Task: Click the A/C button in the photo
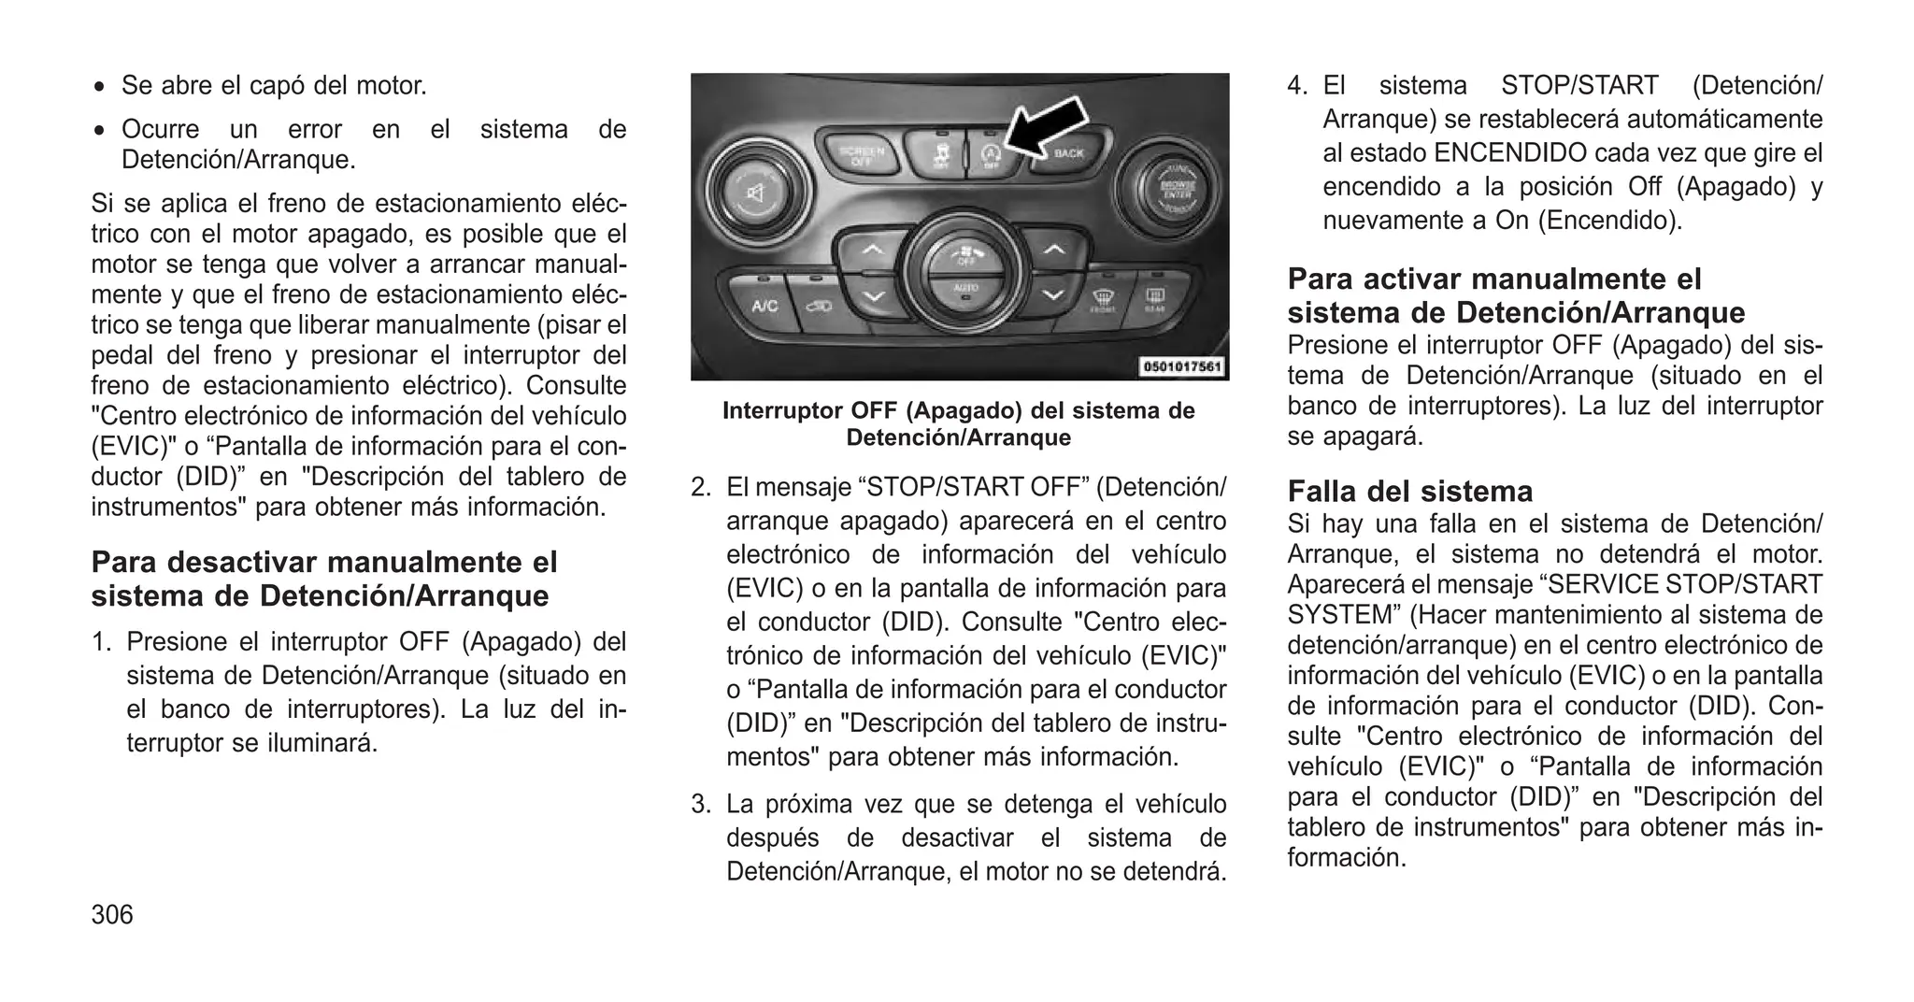[x=764, y=306]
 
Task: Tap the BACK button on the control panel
[x=1068, y=153]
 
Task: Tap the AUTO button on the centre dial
[x=964, y=290]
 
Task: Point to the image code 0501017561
[x=1182, y=366]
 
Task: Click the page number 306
[x=112, y=914]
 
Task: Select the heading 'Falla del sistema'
[x=1409, y=491]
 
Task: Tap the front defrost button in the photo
[x=1103, y=302]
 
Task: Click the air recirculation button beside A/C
[x=820, y=306]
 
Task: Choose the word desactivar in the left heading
[x=243, y=562]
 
